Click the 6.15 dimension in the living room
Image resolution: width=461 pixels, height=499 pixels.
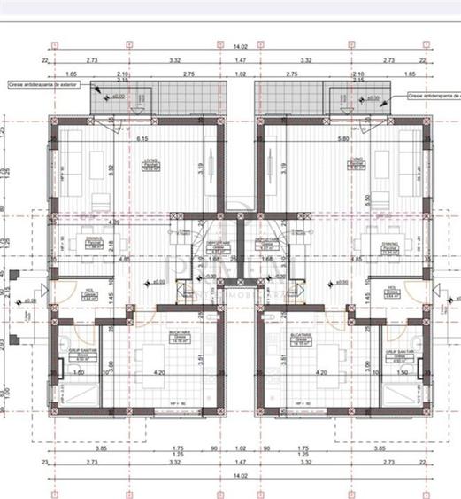pyautogui.click(x=141, y=139)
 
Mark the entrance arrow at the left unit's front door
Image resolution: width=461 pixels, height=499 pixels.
pyautogui.click(x=37, y=292)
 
